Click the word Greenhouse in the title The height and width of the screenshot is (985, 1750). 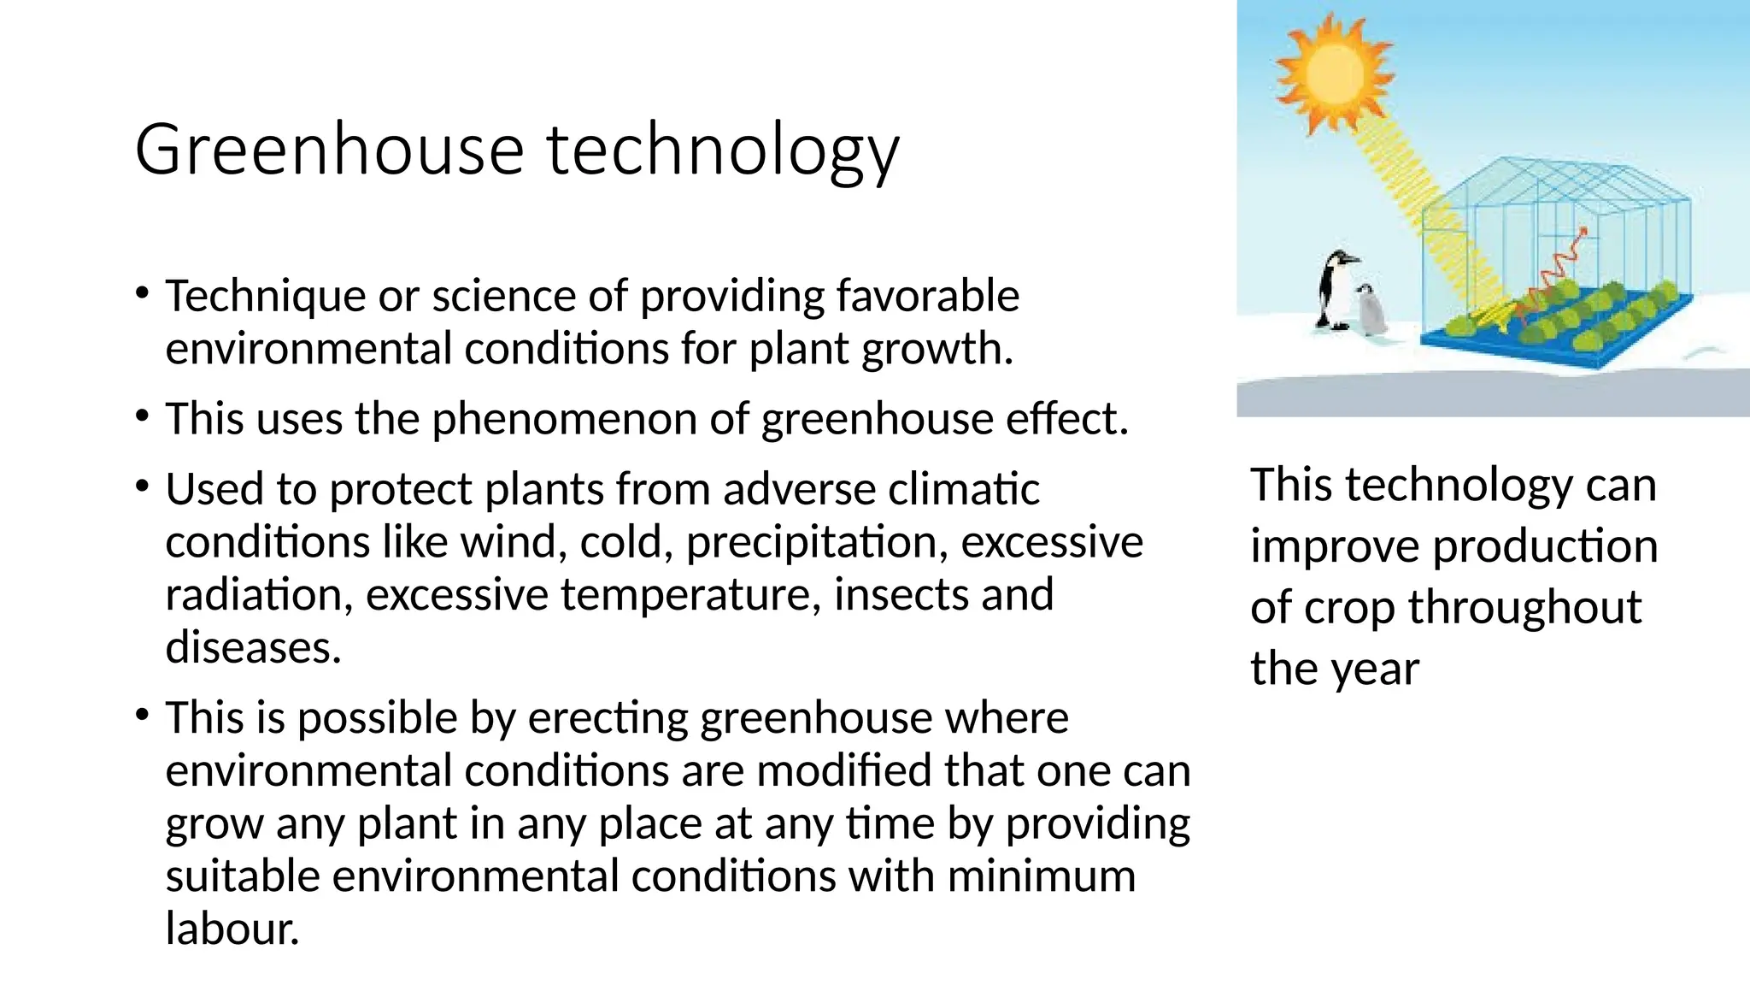(329, 150)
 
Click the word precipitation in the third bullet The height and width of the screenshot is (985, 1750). (816, 543)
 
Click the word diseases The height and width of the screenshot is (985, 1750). (253, 647)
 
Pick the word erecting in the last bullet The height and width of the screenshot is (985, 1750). (608, 718)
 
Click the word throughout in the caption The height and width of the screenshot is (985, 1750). (1524, 608)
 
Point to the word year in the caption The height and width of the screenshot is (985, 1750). (1377, 669)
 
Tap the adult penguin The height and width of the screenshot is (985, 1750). (1332, 289)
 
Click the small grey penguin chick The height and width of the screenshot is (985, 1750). (1371, 310)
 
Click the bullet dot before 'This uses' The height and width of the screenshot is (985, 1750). (143, 417)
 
